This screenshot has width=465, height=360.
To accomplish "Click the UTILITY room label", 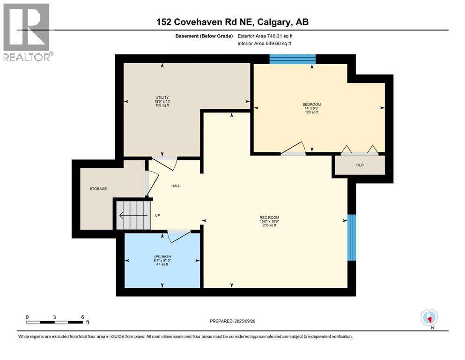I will coord(162,97).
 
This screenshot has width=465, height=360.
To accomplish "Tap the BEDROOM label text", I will coord(312,105).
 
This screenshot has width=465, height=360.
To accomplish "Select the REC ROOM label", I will coord(269,217).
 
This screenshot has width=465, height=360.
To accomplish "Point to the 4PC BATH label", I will coord(162,256).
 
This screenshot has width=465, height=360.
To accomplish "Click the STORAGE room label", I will coord(98,189).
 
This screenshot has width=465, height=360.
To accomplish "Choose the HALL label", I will coord(176,186).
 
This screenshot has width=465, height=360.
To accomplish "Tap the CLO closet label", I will coord(360,165).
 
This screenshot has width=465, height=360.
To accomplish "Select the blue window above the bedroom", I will coord(292,59).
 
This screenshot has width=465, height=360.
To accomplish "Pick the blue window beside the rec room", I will coord(351,237).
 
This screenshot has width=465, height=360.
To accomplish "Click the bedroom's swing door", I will coord(294,149).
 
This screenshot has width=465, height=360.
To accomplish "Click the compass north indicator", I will coord(429,318).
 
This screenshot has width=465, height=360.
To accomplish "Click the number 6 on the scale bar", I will coord(82,317).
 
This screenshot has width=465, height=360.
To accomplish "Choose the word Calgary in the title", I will coord(273,22).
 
